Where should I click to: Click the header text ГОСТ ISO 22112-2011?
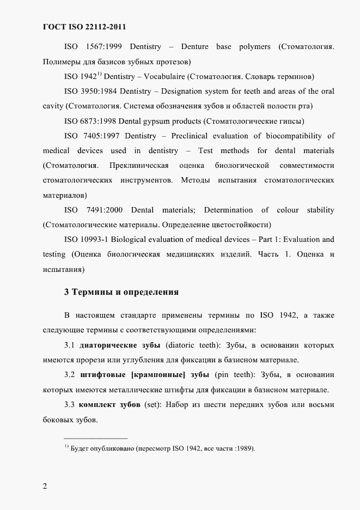(x=84, y=27)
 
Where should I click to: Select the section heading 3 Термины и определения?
(x=121, y=292)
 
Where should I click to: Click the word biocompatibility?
(x=297, y=136)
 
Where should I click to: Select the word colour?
(x=288, y=210)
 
